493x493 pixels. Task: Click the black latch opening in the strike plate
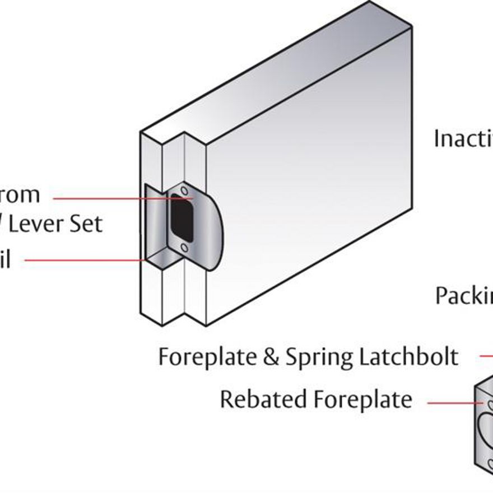[182, 217]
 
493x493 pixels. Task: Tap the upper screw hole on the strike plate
[185, 192]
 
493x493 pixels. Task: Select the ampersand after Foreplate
[271, 357]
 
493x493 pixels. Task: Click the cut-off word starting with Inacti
[463, 138]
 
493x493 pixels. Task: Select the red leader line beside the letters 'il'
[84, 261]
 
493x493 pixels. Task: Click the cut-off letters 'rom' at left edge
[20, 195]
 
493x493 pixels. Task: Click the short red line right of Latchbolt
[486, 355]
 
